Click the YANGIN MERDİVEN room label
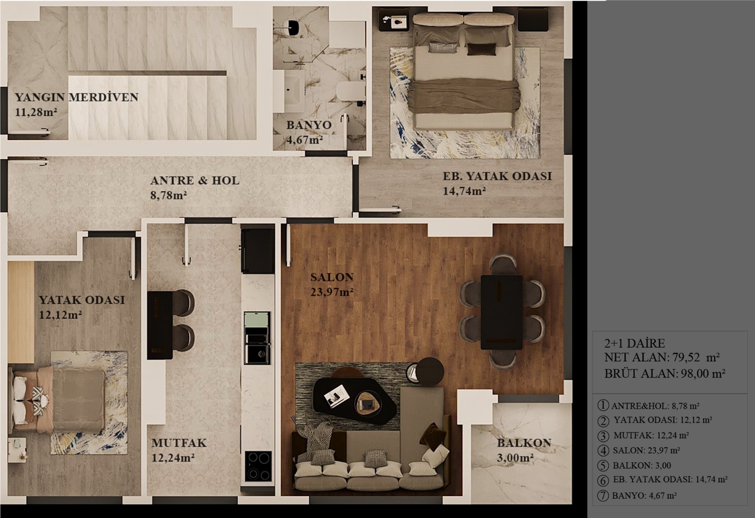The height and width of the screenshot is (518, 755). (x=76, y=97)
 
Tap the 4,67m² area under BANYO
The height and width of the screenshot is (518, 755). (x=304, y=139)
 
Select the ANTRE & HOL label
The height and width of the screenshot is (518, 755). (x=195, y=180)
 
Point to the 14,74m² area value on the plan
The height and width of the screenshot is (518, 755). (x=464, y=191)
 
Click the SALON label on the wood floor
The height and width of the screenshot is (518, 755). (x=332, y=277)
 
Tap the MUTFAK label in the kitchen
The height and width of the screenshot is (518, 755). (x=179, y=443)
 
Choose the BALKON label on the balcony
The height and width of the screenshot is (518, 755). (x=524, y=443)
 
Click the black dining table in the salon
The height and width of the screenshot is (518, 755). (x=502, y=312)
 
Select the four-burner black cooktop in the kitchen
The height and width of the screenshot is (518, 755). (x=258, y=466)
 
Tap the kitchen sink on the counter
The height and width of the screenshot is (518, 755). (x=257, y=354)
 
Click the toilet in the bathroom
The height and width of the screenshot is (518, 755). (x=350, y=92)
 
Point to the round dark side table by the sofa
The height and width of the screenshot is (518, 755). (x=429, y=372)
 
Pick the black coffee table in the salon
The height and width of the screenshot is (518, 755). (x=354, y=400)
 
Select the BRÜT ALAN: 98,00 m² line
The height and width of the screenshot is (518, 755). (x=665, y=374)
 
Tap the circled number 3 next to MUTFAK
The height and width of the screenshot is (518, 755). (x=603, y=436)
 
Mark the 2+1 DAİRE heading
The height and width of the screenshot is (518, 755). (x=635, y=343)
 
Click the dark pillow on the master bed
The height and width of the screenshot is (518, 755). (x=482, y=49)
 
